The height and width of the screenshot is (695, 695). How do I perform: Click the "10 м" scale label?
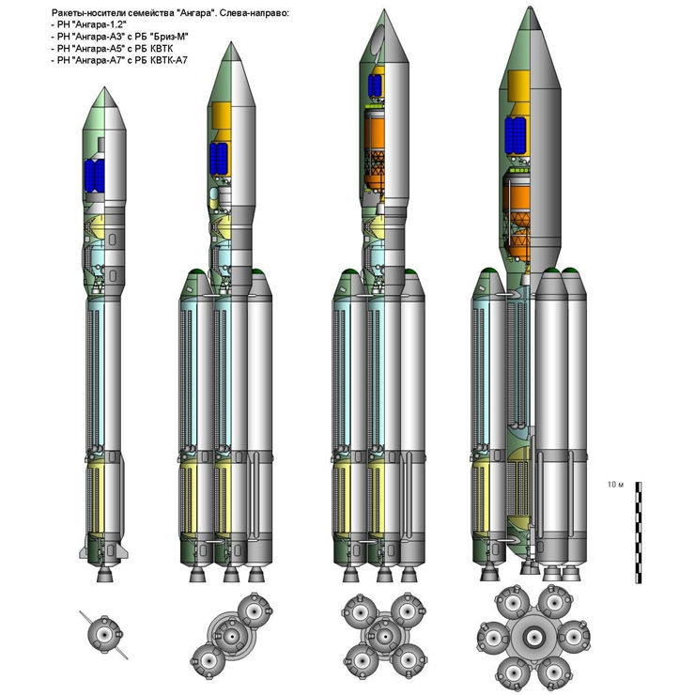(x=615, y=485)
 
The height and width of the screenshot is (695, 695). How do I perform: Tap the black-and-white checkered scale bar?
(x=639, y=533)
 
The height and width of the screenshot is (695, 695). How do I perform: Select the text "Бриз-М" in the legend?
(x=168, y=37)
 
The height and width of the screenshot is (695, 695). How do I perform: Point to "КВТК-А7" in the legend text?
(x=168, y=60)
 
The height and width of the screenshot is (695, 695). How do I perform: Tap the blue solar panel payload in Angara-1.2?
(x=95, y=176)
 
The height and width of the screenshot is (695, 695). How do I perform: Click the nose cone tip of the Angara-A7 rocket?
(x=530, y=8)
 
